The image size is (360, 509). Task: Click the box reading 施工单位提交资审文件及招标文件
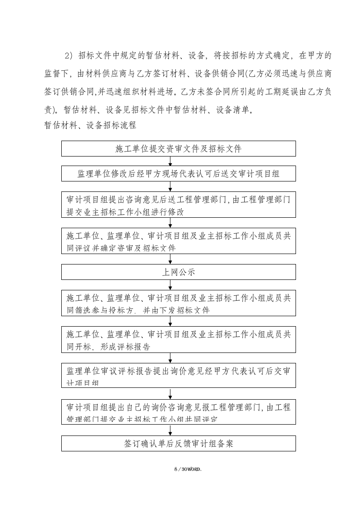(178, 149)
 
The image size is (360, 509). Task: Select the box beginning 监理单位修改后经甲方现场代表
(178, 174)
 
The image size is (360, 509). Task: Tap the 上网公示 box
(178, 272)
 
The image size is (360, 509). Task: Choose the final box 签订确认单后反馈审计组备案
(178, 443)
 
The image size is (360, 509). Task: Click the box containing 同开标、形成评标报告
(178, 340)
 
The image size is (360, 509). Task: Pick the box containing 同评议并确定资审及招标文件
(178, 241)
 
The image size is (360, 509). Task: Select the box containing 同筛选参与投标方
(178, 303)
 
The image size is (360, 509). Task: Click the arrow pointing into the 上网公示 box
(170, 259)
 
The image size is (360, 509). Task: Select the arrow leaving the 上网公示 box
(170, 284)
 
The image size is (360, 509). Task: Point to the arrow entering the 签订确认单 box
(170, 430)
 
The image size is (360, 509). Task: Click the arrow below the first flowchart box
(170, 161)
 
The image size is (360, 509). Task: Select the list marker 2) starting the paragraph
(69, 56)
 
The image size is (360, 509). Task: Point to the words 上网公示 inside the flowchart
(178, 272)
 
